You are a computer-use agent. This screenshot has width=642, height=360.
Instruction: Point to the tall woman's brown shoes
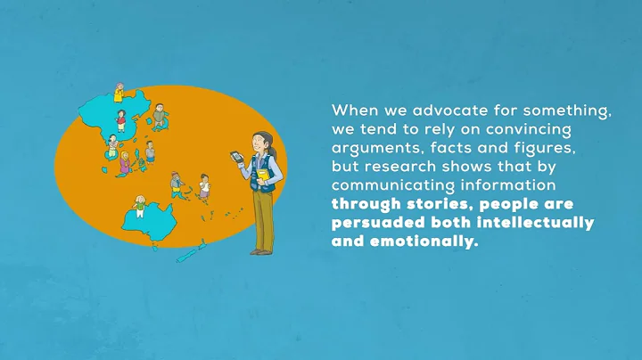(261, 251)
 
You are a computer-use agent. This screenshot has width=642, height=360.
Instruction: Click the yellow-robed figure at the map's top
(119, 93)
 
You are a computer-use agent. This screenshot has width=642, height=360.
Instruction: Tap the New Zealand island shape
(189, 252)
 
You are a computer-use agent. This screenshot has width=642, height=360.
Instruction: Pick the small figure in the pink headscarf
(124, 160)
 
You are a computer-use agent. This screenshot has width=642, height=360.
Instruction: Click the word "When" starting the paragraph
(351, 111)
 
